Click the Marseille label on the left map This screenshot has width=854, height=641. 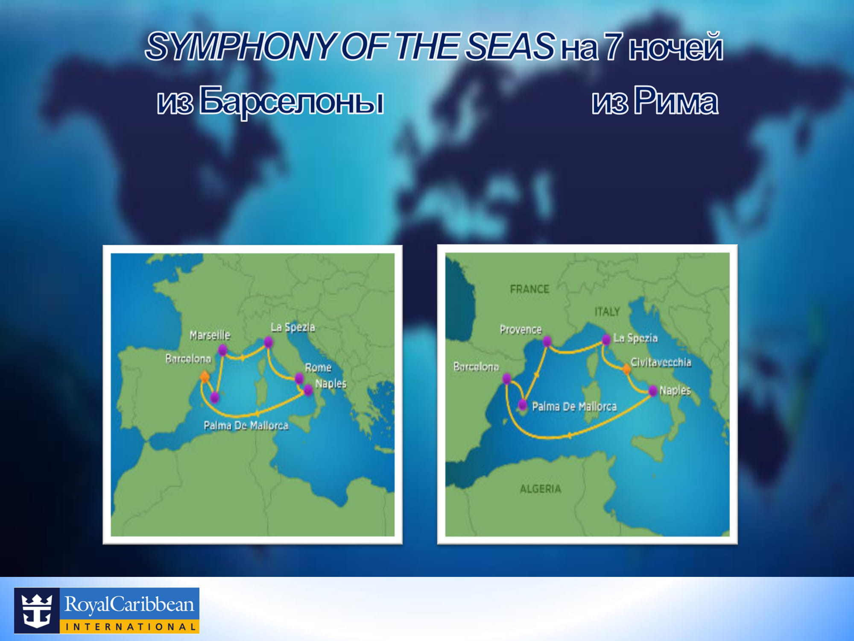[210, 335]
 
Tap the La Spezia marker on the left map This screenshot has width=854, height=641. [268, 342]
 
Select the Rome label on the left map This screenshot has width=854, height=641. [318, 368]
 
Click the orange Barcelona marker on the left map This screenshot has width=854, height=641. [205, 376]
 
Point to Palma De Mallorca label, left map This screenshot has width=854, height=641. [246, 425]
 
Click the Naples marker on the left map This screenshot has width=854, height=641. [308, 390]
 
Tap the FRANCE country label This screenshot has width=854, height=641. [529, 289]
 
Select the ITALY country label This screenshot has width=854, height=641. [607, 312]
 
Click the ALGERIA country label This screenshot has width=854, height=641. [540, 489]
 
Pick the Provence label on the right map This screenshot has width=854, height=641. [521, 329]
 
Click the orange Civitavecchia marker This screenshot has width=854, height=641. [626, 369]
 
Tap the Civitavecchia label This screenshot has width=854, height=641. [661, 362]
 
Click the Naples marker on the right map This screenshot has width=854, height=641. [653, 391]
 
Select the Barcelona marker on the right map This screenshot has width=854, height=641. [507, 379]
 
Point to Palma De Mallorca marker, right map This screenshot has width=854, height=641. [523, 404]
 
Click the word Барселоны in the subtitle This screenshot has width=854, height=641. [292, 101]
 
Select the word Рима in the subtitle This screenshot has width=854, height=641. [675, 100]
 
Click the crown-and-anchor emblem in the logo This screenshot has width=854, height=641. [37, 610]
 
